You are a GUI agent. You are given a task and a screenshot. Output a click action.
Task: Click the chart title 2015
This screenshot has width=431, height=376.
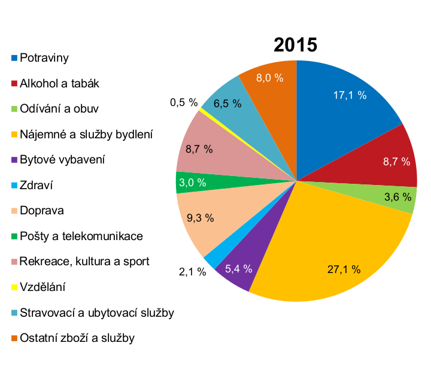pos(295,46)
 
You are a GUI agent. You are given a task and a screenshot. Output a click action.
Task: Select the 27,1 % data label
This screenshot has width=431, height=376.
pos(344,269)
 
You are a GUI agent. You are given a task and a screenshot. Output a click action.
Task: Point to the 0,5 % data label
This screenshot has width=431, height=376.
pos(184,102)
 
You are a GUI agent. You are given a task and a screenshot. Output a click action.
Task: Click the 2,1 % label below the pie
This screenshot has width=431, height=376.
pos(192,272)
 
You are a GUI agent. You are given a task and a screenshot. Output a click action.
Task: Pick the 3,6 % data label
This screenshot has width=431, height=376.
pos(398,196)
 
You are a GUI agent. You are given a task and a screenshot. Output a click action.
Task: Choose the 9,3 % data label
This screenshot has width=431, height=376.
pos(200,218)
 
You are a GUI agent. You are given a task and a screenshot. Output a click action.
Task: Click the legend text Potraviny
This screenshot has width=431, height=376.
pos(45,58)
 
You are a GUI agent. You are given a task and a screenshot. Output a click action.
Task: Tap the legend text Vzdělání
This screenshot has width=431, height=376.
pos(43,287)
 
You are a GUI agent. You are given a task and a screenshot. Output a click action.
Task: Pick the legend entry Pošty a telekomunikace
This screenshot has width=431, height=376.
pos(81,236)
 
